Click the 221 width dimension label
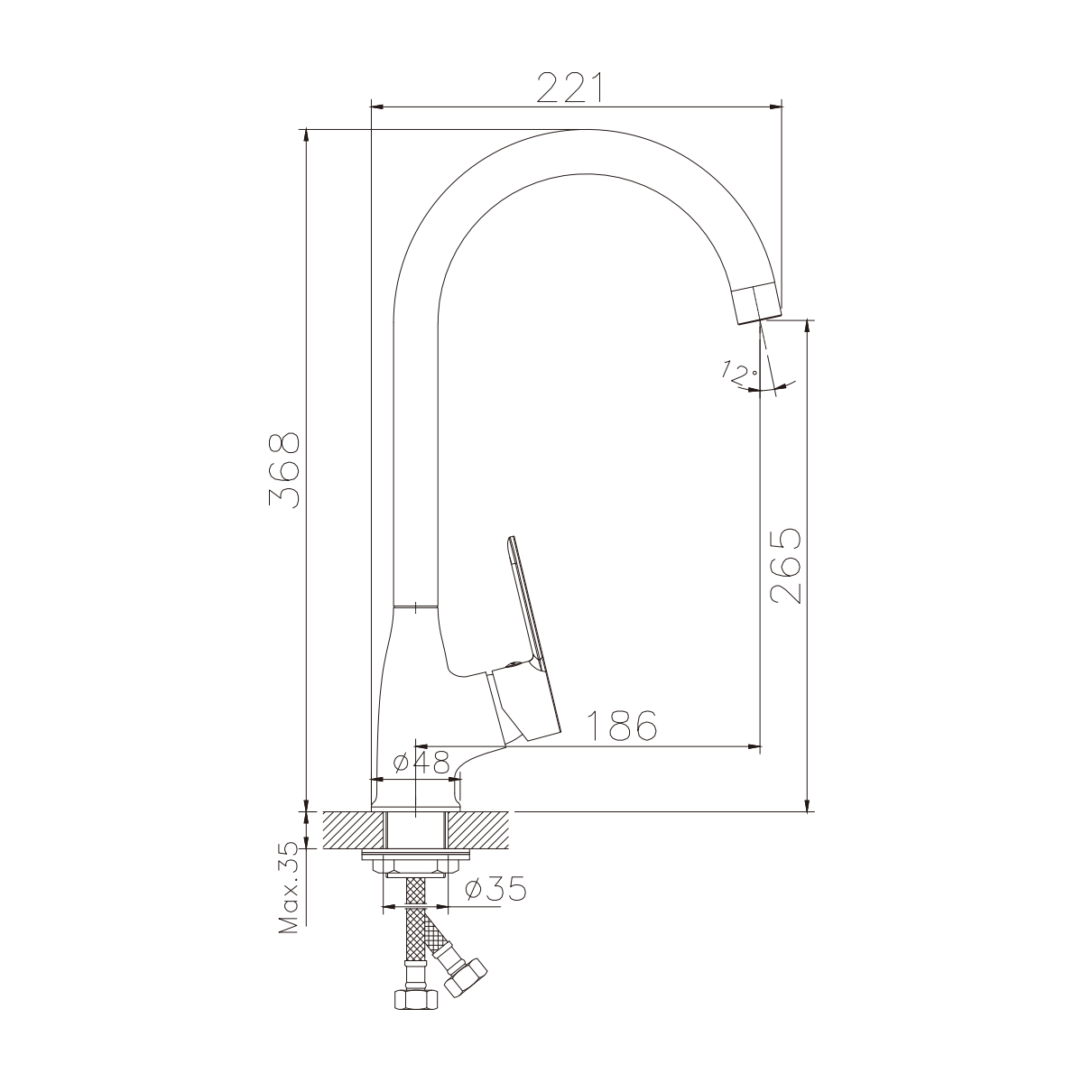pyautogui.click(x=569, y=88)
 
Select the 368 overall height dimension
pyautogui.click(x=283, y=470)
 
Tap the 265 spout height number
pyautogui.click(x=785, y=566)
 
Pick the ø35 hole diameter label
pyautogui.click(x=495, y=889)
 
